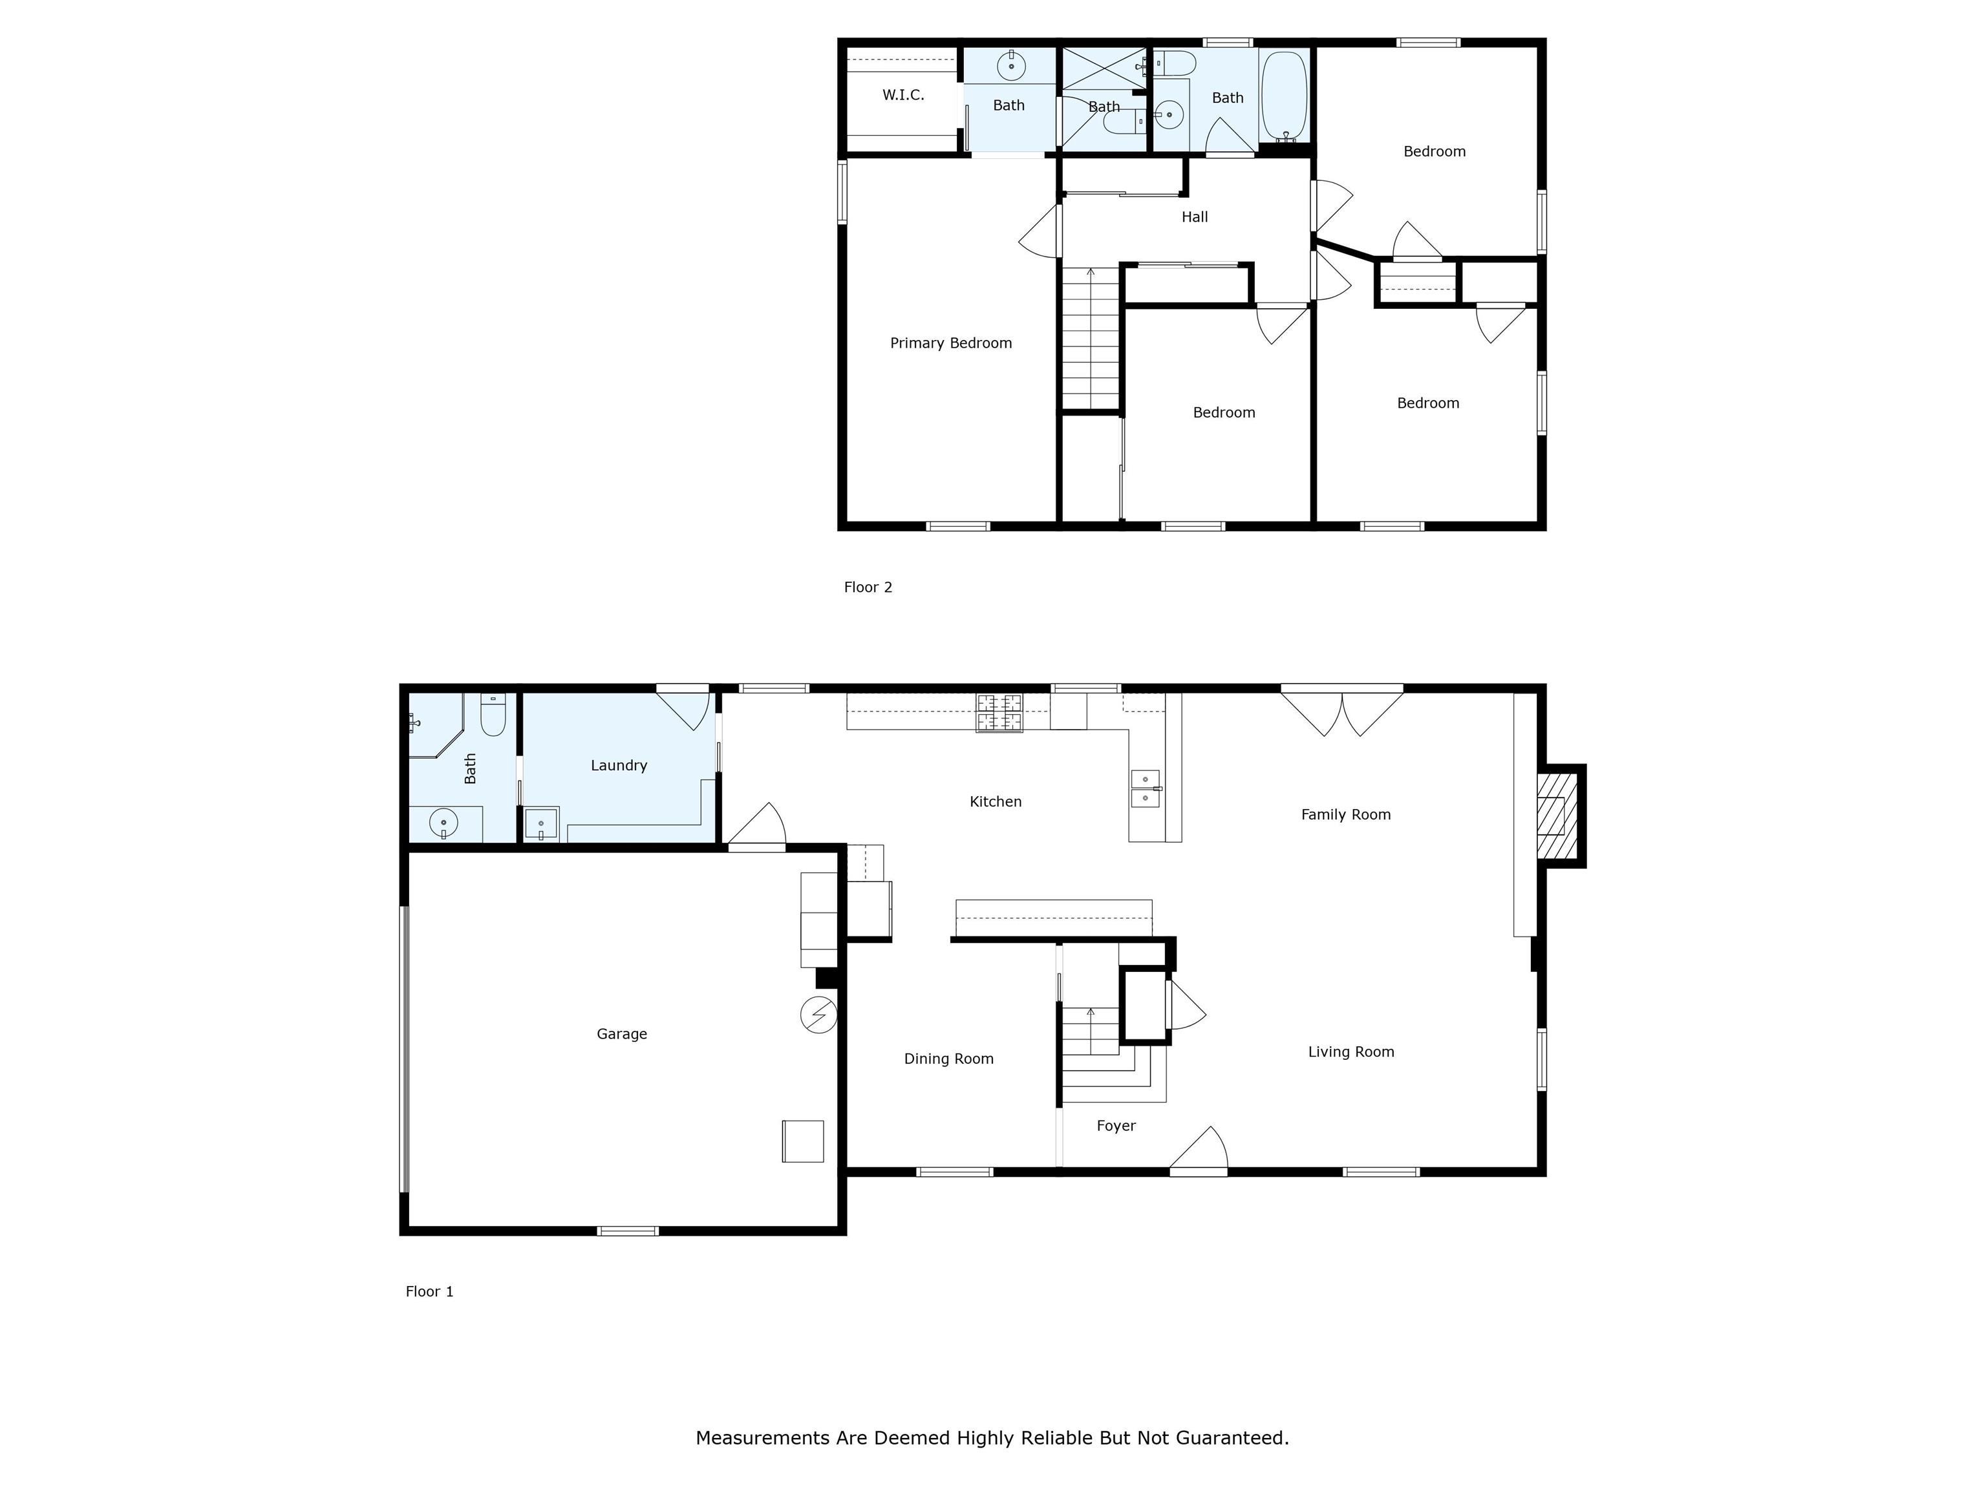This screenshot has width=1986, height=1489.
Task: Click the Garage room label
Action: [621, 1034]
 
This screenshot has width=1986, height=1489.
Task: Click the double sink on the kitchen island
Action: [1145, 788]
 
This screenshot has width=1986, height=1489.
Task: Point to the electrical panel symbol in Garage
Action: [818, 1015]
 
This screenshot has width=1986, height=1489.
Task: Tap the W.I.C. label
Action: [902, 95]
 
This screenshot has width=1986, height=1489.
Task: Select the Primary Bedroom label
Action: [950, 343]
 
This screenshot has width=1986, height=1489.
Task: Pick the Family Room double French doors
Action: [1341, 712]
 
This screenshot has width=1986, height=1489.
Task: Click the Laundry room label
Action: [619, 766]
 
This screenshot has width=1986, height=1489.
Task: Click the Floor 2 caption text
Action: [868, 587]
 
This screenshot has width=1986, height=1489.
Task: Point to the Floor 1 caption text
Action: [429, 1291]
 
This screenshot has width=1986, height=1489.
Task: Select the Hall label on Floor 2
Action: [1194, 217]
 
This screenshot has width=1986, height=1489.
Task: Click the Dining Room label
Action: [948, 1059]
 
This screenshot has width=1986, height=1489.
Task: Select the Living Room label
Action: [1351, 1052]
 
